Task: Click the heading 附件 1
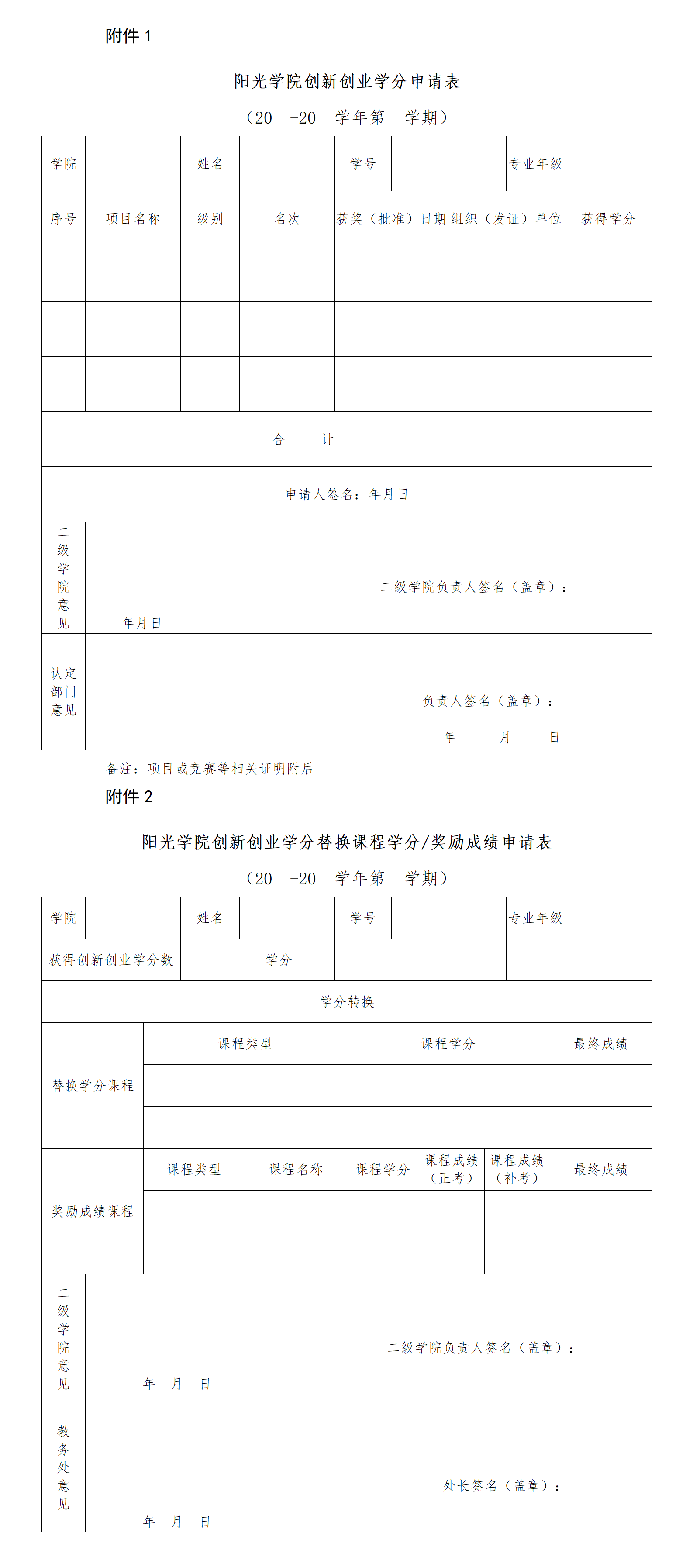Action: [128, 36]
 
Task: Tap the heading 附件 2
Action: [129, 797]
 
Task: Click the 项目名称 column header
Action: [133, 219]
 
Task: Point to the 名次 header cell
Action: [287, 219]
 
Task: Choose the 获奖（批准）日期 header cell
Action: [391, 219]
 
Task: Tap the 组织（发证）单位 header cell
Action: [506, 219]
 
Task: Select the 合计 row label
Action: [303, 439]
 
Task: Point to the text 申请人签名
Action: [319, 495]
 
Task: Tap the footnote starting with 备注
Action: [210, 769]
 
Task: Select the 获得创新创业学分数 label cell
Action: [111, 960]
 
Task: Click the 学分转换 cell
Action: [347, 1002]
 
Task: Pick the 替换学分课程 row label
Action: [93, 1085]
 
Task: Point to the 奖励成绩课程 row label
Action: [93, 1211]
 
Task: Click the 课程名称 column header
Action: [296, 1170]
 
